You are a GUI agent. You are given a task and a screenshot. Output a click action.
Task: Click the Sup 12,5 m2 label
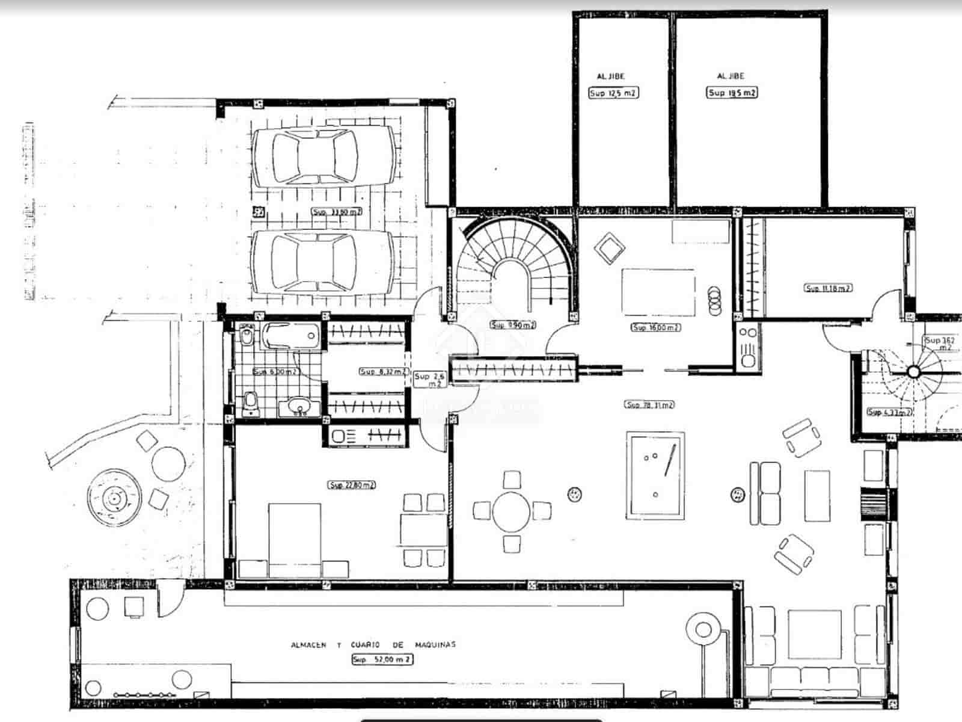613,93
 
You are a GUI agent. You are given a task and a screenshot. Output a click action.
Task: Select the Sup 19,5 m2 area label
732,93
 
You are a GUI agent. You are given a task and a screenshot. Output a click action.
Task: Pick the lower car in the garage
323,262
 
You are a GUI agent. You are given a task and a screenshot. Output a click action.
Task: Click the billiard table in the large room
655,475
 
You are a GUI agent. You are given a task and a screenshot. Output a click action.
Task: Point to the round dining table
512,511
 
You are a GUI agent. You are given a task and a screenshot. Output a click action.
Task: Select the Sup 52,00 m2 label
382,659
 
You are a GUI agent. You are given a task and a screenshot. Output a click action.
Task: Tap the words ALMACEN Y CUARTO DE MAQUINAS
373,644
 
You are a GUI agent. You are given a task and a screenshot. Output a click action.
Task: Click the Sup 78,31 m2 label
649,405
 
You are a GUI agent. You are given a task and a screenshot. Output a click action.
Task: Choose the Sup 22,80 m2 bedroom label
352,485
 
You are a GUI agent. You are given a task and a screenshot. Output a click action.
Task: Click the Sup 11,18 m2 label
829,288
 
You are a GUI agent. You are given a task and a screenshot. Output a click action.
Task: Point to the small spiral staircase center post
913,371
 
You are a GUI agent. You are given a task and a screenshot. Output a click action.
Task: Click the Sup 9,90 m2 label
513,325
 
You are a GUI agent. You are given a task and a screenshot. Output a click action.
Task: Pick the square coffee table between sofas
815,635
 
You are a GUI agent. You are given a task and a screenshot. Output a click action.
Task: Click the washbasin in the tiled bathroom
300,407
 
